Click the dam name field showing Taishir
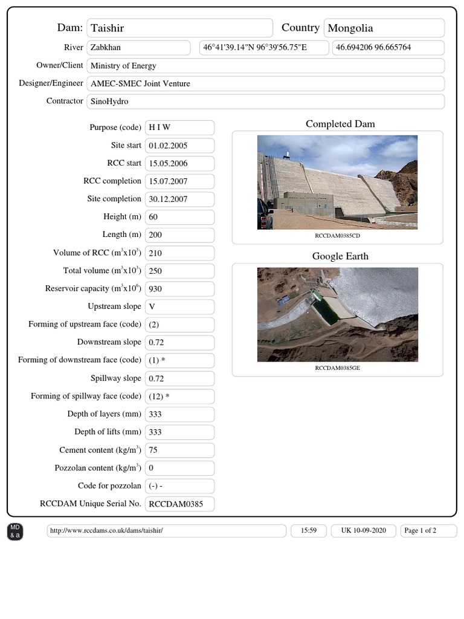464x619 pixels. (x=179, y=28)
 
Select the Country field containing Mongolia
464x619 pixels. (x=384, y=28)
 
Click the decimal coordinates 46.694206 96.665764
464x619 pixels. (x=388, y=48)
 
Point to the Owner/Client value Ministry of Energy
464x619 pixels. (x=265, y=66)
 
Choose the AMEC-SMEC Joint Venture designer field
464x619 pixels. (x=265, y=83)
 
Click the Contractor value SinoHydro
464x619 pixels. (x=265, y=102)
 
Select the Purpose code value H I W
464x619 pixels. (x=179, y=128)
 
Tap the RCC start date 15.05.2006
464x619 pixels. (x=179, y=163)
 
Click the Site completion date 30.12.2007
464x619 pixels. (x=179, y=199)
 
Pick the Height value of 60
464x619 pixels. (x=179, y=217)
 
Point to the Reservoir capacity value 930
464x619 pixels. (x=179, y=288)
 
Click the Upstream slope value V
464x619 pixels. (x=179, y=306)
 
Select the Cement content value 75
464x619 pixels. (x=179, y=450)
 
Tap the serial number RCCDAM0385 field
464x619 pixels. (x=179, y=504)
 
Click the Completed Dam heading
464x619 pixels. (x=340, y=124)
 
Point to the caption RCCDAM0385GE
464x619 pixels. (x=337, y=368)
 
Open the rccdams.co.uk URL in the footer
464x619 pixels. (x=166, y=531)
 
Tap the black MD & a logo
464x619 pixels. (x=14, y=532)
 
